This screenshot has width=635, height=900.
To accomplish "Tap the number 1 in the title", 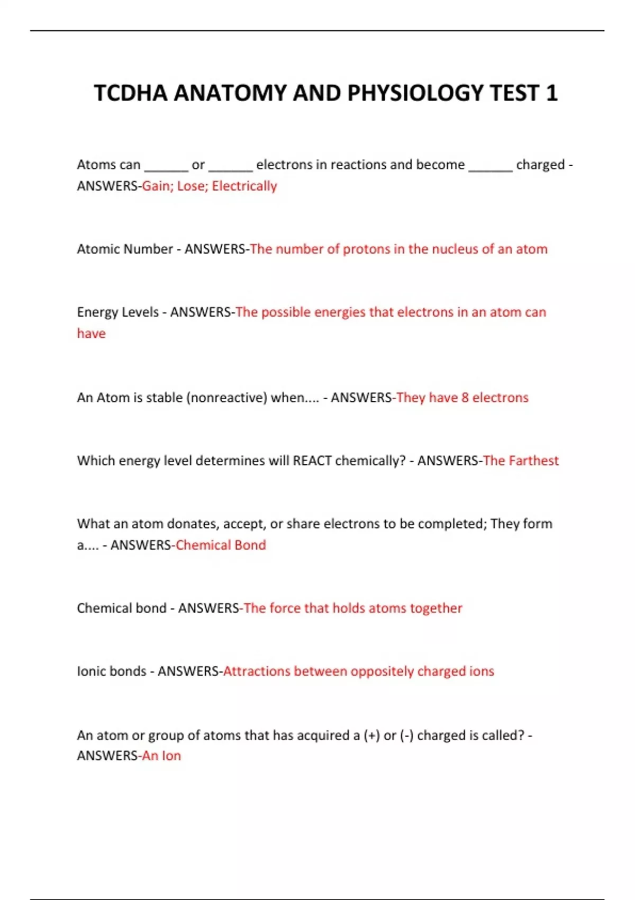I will click(x=551, y=93).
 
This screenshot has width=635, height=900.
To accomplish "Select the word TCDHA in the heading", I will click(x=131, y=93).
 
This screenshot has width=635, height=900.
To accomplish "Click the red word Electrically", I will click(x=244, y=186).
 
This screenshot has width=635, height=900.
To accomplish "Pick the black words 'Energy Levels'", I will click(x=117, y=312).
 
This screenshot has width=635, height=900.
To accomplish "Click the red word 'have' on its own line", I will click(x=91, y=334).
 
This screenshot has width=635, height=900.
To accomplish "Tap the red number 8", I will click(x=465, y=398).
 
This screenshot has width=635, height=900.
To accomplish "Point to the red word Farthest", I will click(x=533, y=461).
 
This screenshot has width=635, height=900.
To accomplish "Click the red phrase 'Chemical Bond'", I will click(x=221, y=545).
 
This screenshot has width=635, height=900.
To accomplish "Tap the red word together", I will click(x=436, y=608).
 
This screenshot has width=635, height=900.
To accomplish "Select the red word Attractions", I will click(x=257, y=671).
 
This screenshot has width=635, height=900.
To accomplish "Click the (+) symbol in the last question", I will click(x=371, y=735).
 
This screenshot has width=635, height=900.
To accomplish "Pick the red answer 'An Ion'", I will click(x=161, y=756).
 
